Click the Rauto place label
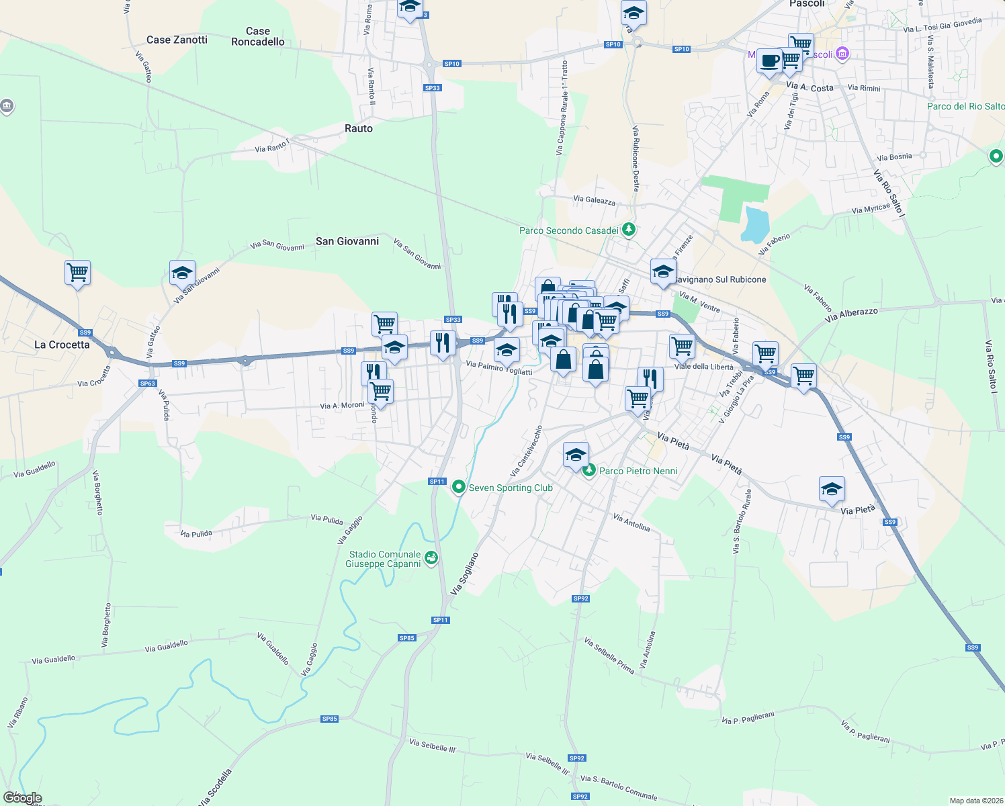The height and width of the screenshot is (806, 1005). (358, 128)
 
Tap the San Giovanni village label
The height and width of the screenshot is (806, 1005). (347, 241)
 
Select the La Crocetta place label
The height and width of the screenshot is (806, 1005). (62, 345)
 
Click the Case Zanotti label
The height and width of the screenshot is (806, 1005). (177, 40)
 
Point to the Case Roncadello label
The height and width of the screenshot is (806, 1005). (258, 36)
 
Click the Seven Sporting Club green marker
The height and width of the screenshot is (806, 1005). (459, 487)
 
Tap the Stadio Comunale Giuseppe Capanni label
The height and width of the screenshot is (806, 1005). (384, 559)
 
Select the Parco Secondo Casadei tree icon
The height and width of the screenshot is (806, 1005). (629, 230)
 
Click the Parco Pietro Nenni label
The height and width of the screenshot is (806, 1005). (638, 471)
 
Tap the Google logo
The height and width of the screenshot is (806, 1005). (22, 798)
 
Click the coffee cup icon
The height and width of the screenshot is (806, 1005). (769, 60)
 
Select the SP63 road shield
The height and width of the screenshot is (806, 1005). (147, 384)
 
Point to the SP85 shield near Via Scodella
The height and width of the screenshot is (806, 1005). (329, 719)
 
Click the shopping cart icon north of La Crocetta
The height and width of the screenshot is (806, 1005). (77, 273)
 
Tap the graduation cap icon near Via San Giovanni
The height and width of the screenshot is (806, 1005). (182, 273)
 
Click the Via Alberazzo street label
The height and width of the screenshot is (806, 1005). (851, 315)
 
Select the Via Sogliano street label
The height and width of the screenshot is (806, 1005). (465, 573)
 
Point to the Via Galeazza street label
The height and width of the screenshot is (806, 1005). (594, 199)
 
